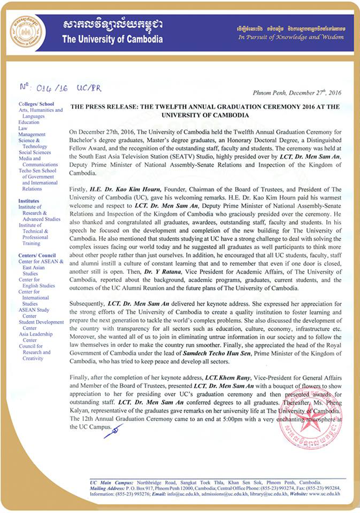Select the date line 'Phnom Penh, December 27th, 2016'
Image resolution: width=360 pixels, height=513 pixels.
(306, 93)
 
